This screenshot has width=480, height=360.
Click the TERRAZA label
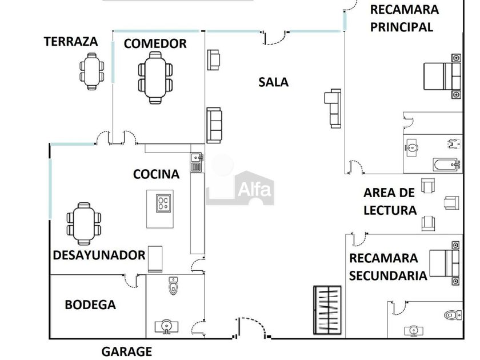pyautogui.click(x=71, y=42)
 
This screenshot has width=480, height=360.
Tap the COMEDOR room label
pyautogui.click(x=155, y=43)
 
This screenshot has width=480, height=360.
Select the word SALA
pyautogui.click(x=273, y=82)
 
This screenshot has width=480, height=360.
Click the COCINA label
pyautogui.click(x=156, y=174)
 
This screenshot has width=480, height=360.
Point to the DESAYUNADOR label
pyautogui.click(x=99, y=255)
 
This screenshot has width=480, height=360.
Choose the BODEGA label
pyautogui.click(x=90, y=305)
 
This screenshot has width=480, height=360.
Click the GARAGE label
pyautogui.click(x=127, y=351)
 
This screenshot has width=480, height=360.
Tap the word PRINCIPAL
pyautogui.click(x=402, y=27)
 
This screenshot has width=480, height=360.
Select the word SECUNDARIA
pyautogui.click(x=388, y=275)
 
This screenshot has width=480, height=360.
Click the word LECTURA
pyautogui.click(x=390, y=210)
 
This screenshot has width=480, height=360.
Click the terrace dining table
pyautogui.click(x=92, y=71)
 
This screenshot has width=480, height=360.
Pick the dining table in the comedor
pyautogui.click(x=155, y=78)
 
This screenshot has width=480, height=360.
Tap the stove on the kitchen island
pyautogui.click(x=164, y=201)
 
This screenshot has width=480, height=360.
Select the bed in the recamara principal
pyautogui.click(x=442, y=76)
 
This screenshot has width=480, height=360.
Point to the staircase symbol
pyautogui.click(x=327, y=310)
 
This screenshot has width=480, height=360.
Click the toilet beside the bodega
pyautogui.click(x=174, y=285)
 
